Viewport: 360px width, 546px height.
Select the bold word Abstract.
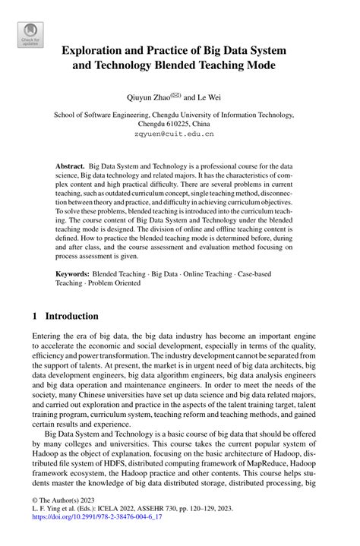pyautogui.click(x=71, y=165)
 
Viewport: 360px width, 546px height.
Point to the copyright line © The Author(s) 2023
pyautogui.click(x=67, y=513)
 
